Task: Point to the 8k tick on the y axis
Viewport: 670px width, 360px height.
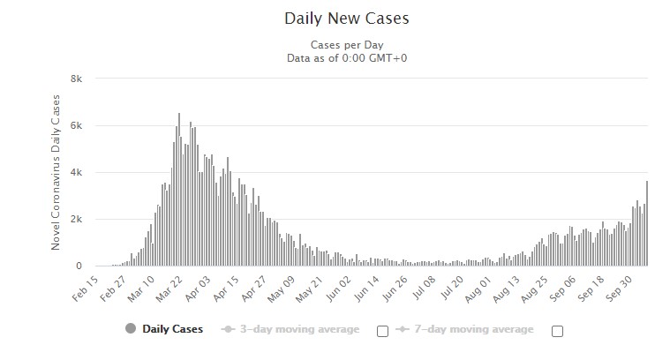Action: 77,79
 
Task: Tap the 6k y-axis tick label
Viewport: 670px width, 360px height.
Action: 77,125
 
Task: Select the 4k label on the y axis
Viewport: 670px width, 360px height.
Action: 77,172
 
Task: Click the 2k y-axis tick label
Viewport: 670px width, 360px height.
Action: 77,219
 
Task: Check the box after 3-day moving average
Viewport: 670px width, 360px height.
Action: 382,331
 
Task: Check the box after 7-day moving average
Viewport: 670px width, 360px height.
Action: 557,331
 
